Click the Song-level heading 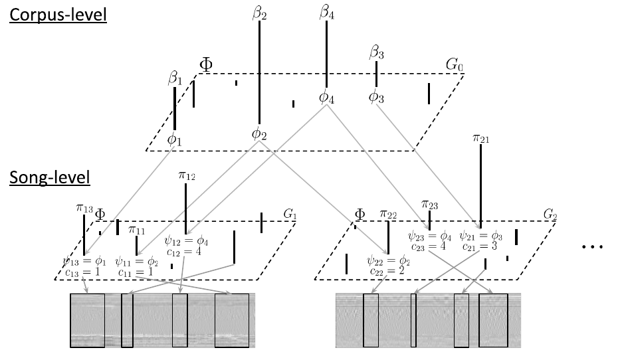pyautogui.click(x=49, y=177)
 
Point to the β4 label pyautogui.click(x=327, y=11)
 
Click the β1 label pyautogui.click(x=174, y=78)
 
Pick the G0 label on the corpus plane pyautogui.click(x=453, y=64)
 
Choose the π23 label pyautogui.click(x=430, y=205)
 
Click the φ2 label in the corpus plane pyautogui.click(x=259, y=134)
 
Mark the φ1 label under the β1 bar pyautogui.click(x=174, y=139)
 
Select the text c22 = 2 pyautogui.click(x=388, y=272)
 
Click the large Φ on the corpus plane pyautogui.click(x=207, y=64)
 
